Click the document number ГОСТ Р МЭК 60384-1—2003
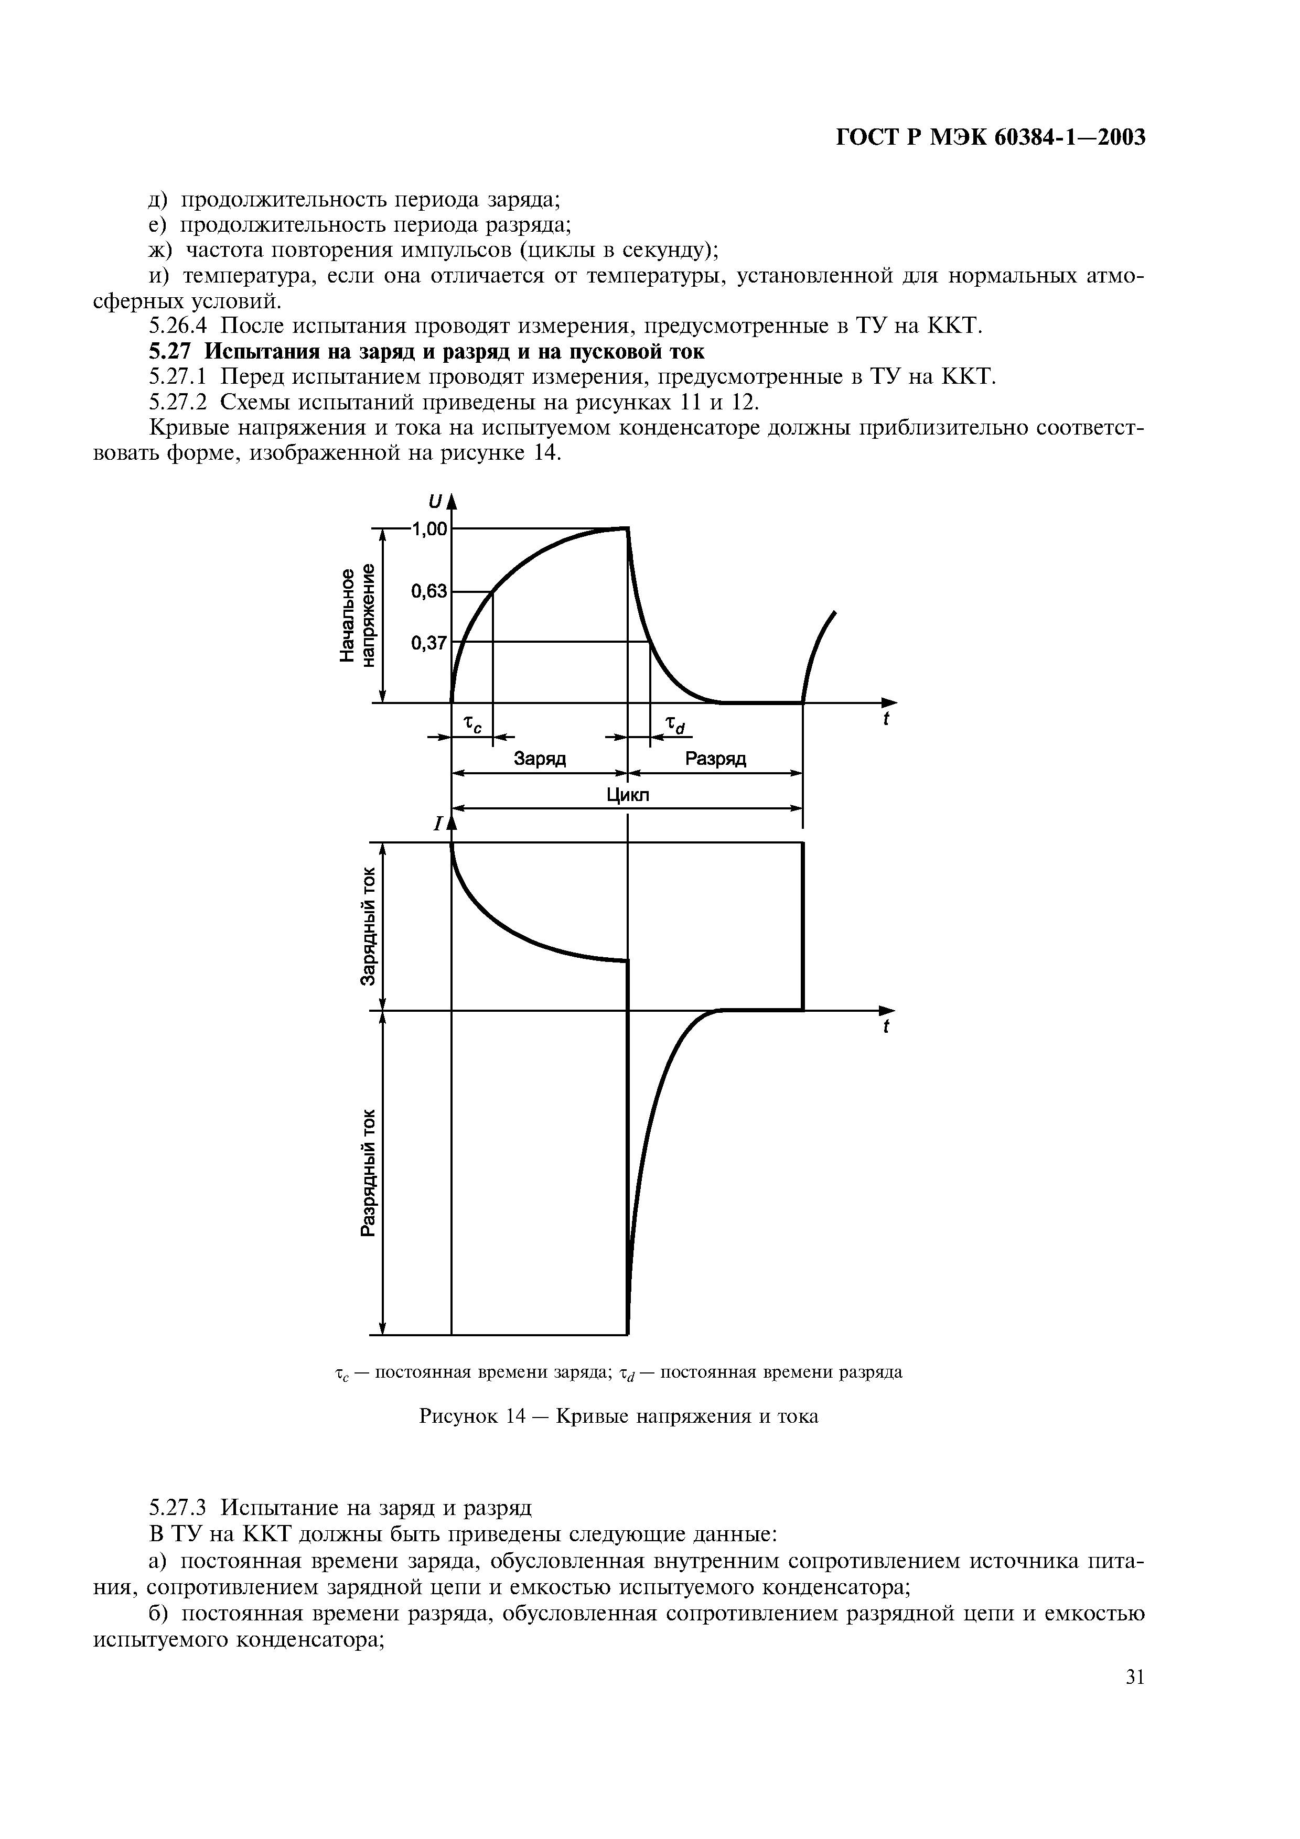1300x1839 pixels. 990,138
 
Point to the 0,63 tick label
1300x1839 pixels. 428,592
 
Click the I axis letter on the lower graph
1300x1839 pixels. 438,824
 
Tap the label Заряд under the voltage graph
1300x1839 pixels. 539,759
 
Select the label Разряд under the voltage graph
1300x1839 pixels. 715,759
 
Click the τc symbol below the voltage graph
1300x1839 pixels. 474,726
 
